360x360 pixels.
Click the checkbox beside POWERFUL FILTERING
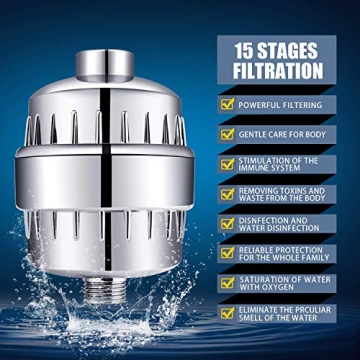[x=227, y=103]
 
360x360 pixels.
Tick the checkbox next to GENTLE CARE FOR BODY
[x=227, y=133]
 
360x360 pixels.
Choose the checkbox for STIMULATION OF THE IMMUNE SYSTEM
[x=227, y=164]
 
